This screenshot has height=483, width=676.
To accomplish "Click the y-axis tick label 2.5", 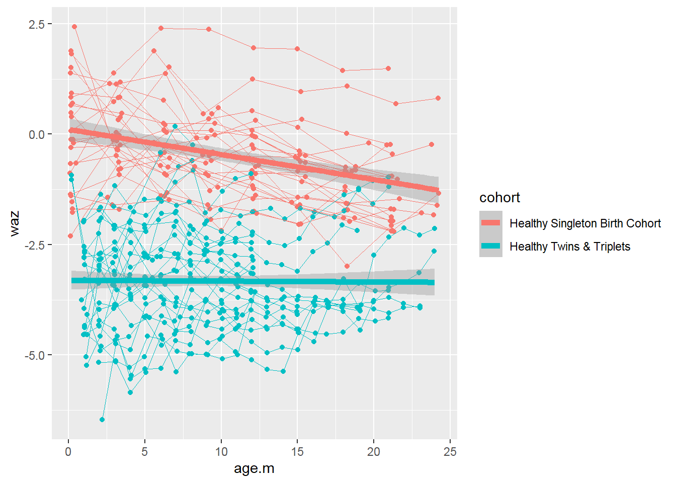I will point(36,24).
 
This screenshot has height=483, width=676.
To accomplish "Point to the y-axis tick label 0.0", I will point(36,134).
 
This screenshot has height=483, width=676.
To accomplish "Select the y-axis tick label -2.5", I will point(34,245).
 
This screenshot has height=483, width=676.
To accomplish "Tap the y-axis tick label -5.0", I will point(34,355).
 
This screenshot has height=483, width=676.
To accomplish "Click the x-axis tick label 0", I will point(68,451).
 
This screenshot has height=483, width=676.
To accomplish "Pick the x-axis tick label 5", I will point(144,451).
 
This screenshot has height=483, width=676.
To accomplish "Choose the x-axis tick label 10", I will point(221,451).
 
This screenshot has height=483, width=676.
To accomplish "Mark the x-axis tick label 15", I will point(297,451).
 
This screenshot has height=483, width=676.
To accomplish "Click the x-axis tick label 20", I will point(374,451).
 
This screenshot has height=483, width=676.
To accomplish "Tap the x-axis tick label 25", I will point(450,451).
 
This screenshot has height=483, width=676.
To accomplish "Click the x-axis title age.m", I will point(254,469).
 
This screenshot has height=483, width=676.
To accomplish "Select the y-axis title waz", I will point(15,223).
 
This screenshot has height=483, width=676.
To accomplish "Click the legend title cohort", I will point(499,198).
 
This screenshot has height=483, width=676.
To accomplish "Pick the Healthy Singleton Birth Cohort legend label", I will point(585,223).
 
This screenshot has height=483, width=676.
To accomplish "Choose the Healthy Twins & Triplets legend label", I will point(570,247).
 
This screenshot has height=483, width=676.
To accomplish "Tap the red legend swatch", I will point(490,223).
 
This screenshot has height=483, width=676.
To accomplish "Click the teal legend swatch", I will point(490,246).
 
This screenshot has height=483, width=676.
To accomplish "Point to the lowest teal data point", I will point(102,420).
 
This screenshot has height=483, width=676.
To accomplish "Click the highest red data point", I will point(74,27).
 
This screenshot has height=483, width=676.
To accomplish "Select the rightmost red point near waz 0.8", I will point(438,98).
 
